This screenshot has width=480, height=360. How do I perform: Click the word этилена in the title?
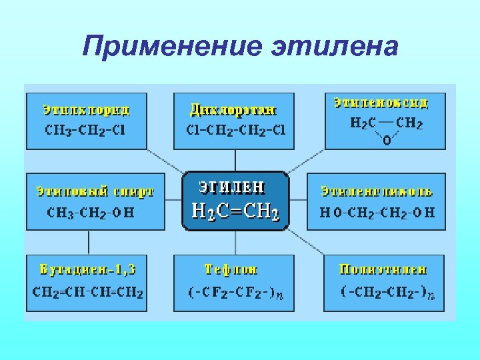[335, 47]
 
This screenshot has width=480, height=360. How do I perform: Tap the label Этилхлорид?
[87, 109]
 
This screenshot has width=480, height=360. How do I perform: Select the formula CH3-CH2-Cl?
[85, 129]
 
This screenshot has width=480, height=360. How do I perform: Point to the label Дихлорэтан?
[233, 109]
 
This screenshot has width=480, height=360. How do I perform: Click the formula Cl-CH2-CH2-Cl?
[235, 129]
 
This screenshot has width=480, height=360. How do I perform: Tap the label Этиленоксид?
[381, 103]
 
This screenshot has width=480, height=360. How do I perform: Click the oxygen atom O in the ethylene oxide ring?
[387, 141]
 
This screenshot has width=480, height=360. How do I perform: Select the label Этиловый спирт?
[95, 191]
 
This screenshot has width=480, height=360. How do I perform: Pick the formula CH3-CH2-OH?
[91, 212]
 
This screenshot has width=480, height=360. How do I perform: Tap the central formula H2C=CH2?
[235, 212]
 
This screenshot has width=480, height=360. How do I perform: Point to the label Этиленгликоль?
[377, 191]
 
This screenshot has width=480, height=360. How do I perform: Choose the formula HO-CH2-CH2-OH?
[377, 212]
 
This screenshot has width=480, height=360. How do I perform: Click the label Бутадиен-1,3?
[88, 270]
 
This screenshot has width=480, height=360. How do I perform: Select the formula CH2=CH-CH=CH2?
[89, 292]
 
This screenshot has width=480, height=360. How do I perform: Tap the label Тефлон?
[231, 270]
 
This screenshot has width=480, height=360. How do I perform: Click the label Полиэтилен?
[383, 270]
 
